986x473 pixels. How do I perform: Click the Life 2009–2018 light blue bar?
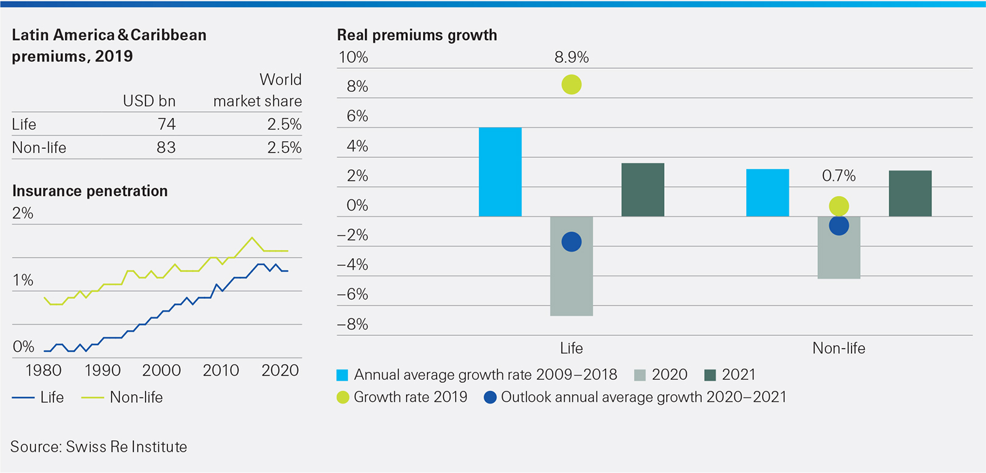(500, 172)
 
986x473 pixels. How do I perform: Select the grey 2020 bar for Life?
(571, 266)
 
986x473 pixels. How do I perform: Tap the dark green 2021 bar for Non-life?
(910, 194)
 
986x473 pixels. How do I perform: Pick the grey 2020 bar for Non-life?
(839, 248)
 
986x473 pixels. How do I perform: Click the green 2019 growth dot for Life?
(571, 85)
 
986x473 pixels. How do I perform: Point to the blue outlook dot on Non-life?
(839, 226)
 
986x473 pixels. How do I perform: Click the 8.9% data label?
(571, 57)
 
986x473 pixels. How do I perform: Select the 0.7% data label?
(838, 176)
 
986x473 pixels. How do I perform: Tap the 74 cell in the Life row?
(166, 124)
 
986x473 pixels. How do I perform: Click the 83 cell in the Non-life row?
(166, 147)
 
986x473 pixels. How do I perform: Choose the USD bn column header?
(149, 101)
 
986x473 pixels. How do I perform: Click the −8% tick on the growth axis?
(353, 324)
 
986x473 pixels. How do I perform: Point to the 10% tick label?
(353, 57)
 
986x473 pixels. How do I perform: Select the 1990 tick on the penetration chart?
(102, 370)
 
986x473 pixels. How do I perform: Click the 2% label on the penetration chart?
(23, 213)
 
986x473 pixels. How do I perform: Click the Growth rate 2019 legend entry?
(402, 397)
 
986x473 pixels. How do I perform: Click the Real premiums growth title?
(417, 35)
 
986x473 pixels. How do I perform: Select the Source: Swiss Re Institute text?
(99, 447)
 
